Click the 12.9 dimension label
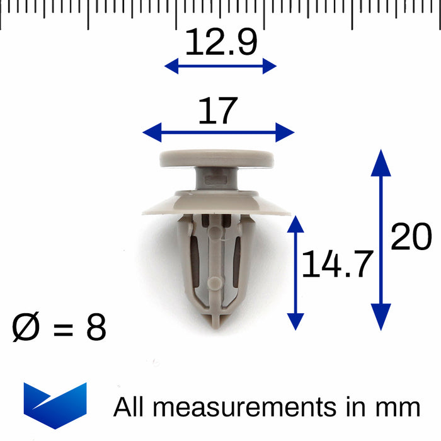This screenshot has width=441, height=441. (221, 42)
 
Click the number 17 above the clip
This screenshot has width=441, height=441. (218, 110)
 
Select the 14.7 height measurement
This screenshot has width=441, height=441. (337, 263)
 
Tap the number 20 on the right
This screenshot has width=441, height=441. (411, 236)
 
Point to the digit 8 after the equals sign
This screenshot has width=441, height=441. (96, 327)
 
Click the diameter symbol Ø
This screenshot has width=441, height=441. (26, 327)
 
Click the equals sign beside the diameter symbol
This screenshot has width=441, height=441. (63, 329)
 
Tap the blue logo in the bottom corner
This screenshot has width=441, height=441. (55, 405)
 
